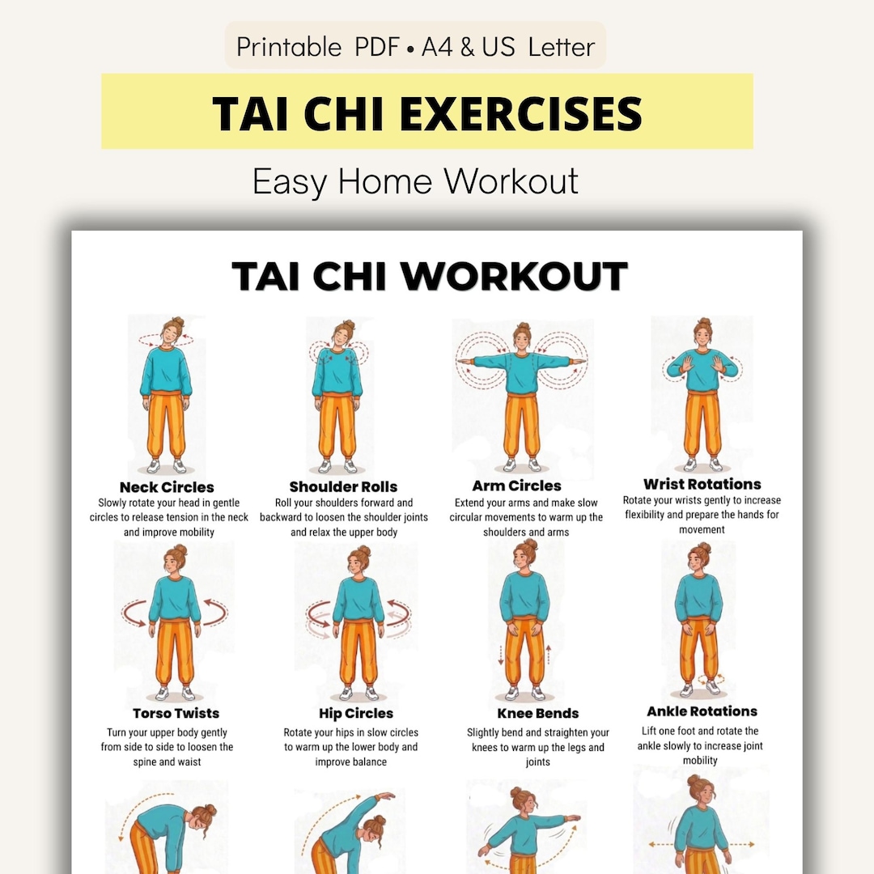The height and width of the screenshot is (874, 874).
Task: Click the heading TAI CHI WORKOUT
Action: click(x=430, y=277)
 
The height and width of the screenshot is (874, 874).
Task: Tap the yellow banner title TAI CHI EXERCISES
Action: click(x=427, y=112)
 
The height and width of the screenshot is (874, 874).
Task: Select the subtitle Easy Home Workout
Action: click(x=415, y=180)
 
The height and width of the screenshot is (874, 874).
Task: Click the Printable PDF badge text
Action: click(x=415, y=47)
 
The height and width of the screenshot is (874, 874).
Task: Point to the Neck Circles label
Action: click(x=167, y=487)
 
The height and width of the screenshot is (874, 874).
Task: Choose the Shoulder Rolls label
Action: click(x=343, y=486)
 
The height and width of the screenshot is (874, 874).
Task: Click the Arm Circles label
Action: click(x=516, y=486)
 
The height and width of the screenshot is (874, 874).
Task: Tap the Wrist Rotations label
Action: click(x=702, y=484)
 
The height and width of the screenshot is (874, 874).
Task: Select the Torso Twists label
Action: click(x=176, y=713)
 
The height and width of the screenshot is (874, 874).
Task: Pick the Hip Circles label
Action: click(x=356, y=713)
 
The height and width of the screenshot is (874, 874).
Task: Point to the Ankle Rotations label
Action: click(x=702, y=711)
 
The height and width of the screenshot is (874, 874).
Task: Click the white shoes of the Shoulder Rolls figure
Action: click(x=337, y=466)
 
